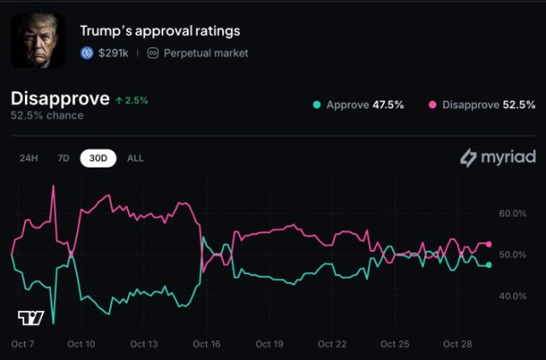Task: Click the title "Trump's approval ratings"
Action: (160, 31)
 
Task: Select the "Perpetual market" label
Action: (205, 53)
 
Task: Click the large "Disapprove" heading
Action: (60, 99)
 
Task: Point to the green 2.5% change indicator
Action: (131, 100)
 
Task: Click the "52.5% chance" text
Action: (47, 116)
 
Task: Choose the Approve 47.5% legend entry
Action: (359, 105)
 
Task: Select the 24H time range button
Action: (29, 158)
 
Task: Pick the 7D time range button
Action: (63, 158)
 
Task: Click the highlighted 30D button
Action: (99, 158)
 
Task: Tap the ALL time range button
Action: (136, 158)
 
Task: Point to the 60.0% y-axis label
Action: (513, 213)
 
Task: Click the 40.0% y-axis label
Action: (513, 296)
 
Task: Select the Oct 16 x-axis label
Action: (207, 344)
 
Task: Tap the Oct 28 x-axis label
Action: (457, 344)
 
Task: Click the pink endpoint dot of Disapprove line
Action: (488, 244)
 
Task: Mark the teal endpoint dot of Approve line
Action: (488, 265)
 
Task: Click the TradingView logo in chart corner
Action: (31, 317)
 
